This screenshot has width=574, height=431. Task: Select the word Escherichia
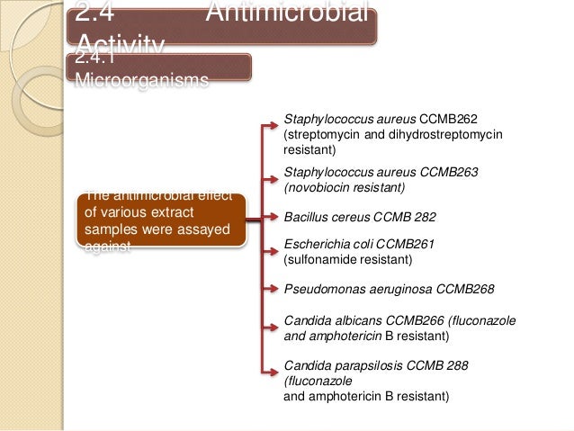coord(316,244)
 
